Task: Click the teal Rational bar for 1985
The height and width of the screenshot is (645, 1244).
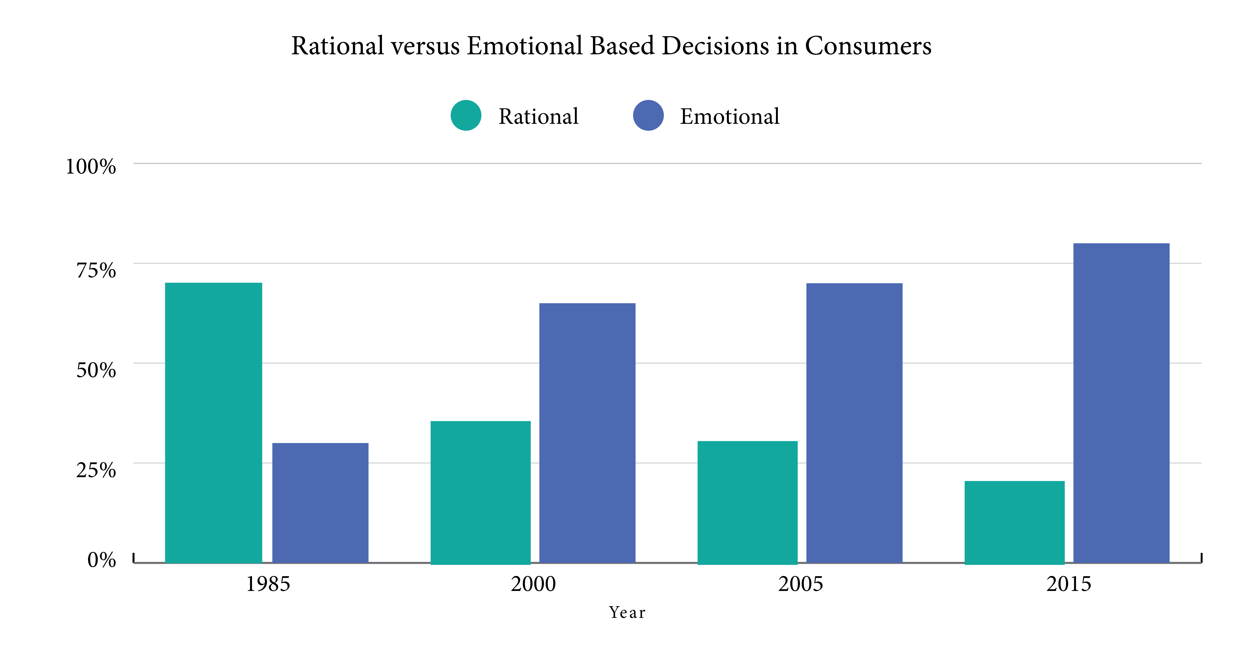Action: pos(213,423)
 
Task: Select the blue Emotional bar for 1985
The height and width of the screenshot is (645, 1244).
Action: pos(320,502)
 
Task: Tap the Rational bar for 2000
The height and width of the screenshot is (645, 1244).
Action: pos(480,492)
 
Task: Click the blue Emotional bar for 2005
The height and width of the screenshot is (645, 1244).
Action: pos(854,423)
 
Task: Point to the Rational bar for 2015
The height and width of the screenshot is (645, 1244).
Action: pos(1015,522)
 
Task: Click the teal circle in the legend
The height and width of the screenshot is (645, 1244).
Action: pos(466,115)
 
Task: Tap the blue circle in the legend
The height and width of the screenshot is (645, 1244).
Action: pos(648,115)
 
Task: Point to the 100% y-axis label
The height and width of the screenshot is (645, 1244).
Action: pos(91,167)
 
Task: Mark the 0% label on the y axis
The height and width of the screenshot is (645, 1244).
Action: pos(101,560)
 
